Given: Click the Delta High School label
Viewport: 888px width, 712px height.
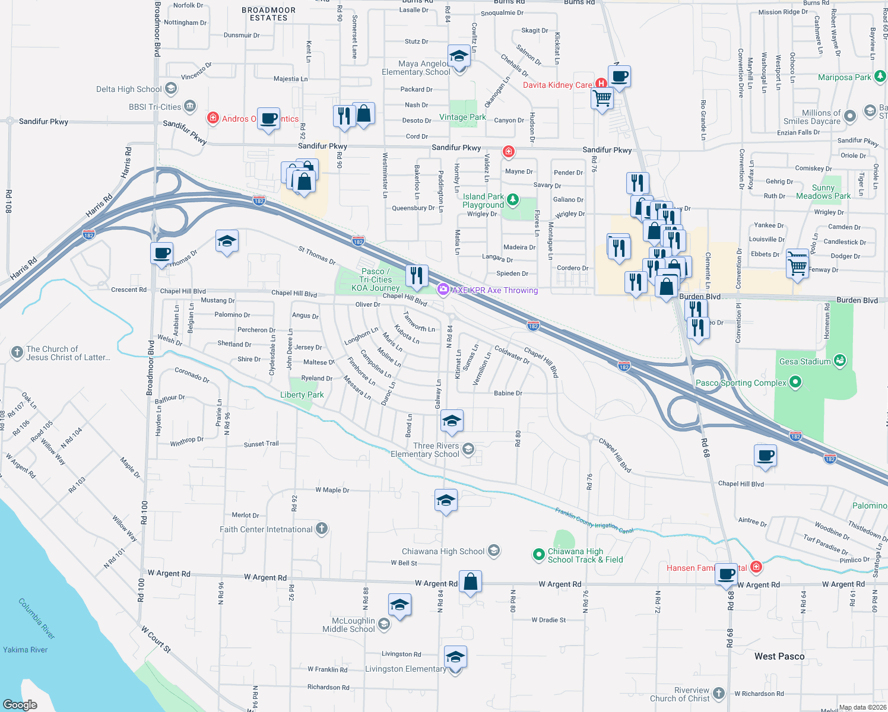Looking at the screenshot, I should (129, 89).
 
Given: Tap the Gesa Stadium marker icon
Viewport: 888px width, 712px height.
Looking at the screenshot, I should (839, 360).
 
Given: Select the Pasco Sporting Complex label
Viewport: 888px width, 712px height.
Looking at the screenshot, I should (740, 383).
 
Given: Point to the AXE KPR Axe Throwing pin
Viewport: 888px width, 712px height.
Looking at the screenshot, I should (443, 290).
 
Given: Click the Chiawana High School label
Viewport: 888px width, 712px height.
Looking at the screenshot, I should (443, 551).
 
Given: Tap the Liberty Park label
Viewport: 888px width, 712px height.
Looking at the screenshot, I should (302, 395).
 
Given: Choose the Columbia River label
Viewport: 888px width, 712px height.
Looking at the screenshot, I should (36, 618).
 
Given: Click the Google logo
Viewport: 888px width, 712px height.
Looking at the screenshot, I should (20, 704).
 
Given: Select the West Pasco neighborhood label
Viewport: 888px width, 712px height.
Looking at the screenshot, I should (779, 656).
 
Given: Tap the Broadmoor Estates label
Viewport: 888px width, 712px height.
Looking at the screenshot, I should (268, 14).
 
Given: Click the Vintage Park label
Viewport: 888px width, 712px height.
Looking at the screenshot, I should (462, 117).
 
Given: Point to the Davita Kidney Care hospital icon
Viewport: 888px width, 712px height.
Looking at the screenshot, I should (601, 84).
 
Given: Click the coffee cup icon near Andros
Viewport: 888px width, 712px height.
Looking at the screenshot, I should (268, 119).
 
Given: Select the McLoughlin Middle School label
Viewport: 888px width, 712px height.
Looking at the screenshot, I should (349, 625).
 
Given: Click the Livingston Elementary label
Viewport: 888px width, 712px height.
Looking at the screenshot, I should (405, 669).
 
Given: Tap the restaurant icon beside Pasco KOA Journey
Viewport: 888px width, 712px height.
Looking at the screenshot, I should (417, 276).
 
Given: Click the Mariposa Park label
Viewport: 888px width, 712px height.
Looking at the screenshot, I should (844, 77).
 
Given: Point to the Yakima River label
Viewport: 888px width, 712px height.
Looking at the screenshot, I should (25, 650).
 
